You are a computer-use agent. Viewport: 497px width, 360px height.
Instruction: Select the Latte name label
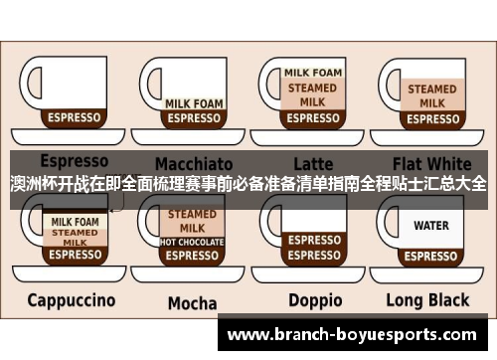(314, 162)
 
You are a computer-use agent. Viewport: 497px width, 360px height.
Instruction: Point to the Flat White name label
(432, 162)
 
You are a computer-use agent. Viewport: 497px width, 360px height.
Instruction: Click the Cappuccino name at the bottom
(72, 299)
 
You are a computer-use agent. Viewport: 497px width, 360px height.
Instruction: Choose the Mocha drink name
(192, 302)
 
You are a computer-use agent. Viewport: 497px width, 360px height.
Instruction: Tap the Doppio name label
(315, 299)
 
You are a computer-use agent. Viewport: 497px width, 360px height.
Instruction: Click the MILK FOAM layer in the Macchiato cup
(193, 103)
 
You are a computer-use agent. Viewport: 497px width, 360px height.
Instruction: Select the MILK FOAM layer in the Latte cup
(314, 73)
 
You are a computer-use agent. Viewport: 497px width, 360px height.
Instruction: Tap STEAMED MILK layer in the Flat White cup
(431, 94)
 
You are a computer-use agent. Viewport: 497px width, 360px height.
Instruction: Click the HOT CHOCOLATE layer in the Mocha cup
(193, 241)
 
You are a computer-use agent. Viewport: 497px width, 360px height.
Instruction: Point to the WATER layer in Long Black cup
(431, 226)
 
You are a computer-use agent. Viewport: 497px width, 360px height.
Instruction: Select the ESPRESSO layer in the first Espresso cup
(75, 117)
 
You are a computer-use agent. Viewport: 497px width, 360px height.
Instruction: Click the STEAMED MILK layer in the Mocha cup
(193, 220)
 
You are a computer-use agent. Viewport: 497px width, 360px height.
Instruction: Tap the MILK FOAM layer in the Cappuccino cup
(75, 221)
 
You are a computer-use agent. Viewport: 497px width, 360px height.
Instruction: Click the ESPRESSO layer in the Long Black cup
(431, 255)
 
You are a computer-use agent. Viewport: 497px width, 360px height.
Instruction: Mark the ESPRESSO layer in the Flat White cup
(431, 118)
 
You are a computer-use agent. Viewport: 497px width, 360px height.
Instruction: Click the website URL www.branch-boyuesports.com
(357, 335)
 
